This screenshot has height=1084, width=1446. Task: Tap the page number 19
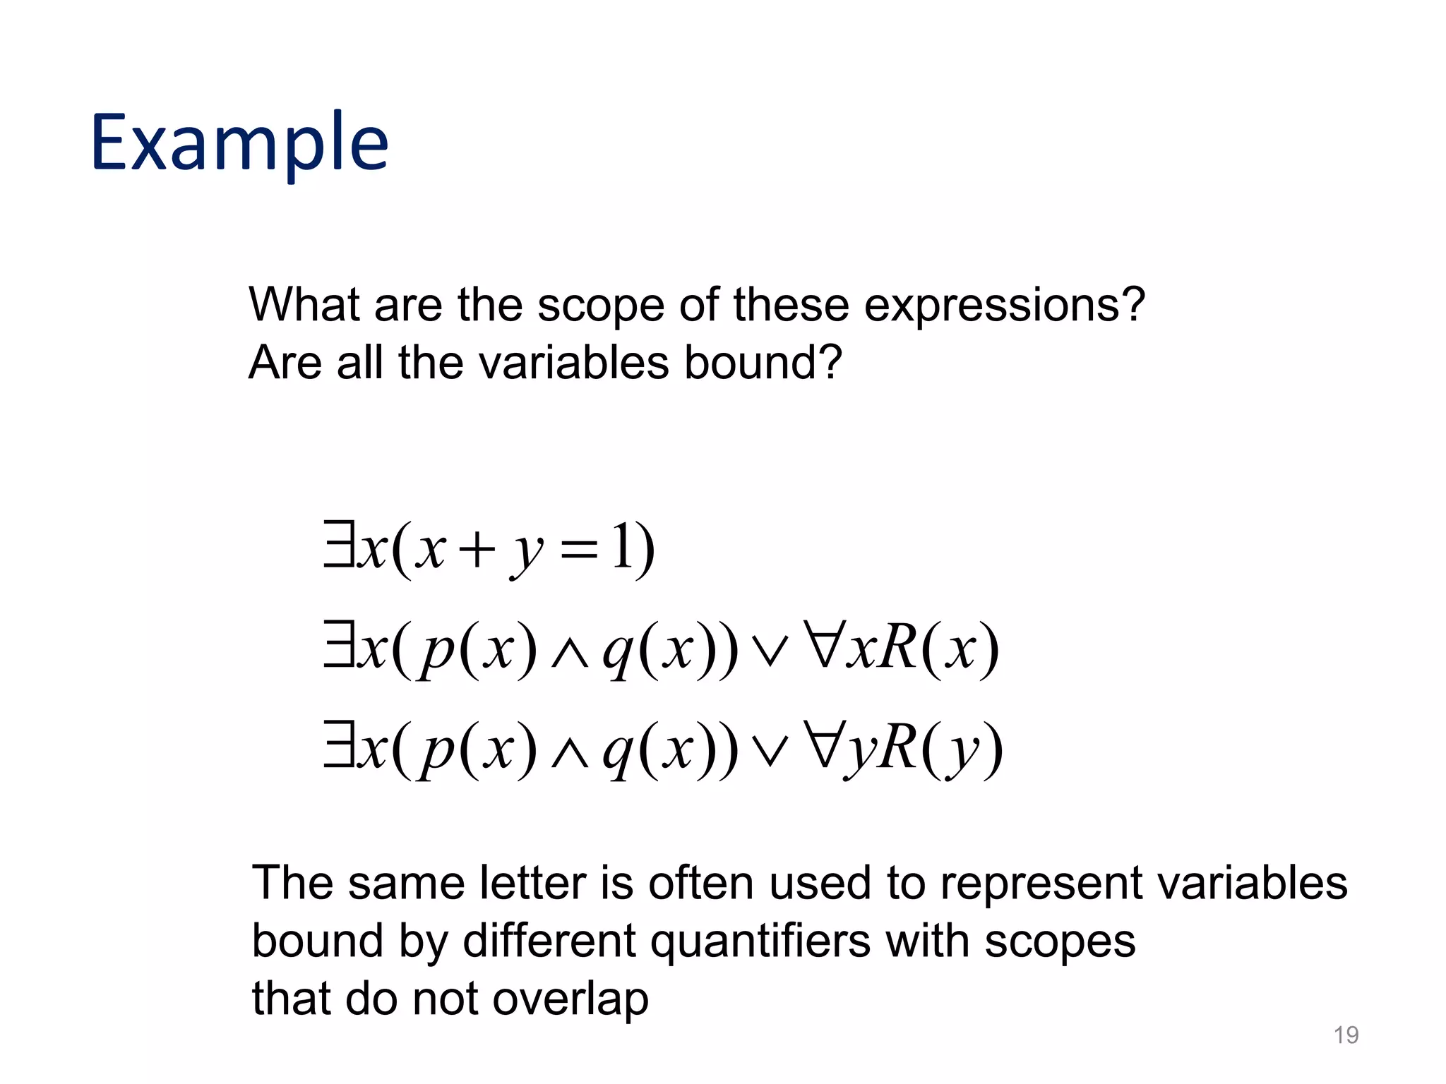pyautogui.click(x=1346, y=1035)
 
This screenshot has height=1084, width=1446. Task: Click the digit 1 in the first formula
pyautogui.click(x=621, y=548)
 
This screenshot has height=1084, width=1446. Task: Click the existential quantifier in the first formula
pyautogui.click(x=339, y=543)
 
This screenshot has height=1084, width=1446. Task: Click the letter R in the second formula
pyautogui.click(x=898, y=648)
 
